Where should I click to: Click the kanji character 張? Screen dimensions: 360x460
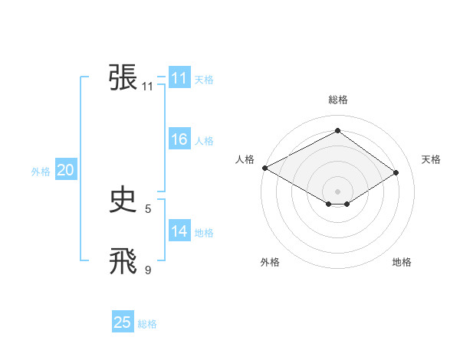click(123, 78)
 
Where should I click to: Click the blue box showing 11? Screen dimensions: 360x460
click(179, 78)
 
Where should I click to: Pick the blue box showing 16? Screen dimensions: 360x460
click(179, 139)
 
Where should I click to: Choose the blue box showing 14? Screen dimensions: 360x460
click(179, 231)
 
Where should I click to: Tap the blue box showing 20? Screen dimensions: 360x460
click(65, 171)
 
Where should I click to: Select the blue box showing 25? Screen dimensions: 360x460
click(123, 322)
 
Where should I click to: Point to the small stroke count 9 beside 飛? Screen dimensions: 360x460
click(148, 270)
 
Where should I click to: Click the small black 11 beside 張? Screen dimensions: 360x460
click(148, 87)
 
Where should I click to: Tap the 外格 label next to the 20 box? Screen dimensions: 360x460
click(41, 172)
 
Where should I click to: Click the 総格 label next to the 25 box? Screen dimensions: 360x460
click(147, 324)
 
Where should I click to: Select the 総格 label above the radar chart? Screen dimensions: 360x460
click(337, 100)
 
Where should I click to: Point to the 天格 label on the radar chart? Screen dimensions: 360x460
click(432, 159)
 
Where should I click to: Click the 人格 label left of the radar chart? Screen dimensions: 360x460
click(245, 159)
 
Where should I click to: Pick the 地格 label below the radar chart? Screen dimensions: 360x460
click(402, 262)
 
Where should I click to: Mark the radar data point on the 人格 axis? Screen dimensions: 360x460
click(264, 167)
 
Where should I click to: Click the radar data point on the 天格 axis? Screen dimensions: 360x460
click(396, 173)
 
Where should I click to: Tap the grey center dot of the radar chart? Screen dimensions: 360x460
click(337, 190)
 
